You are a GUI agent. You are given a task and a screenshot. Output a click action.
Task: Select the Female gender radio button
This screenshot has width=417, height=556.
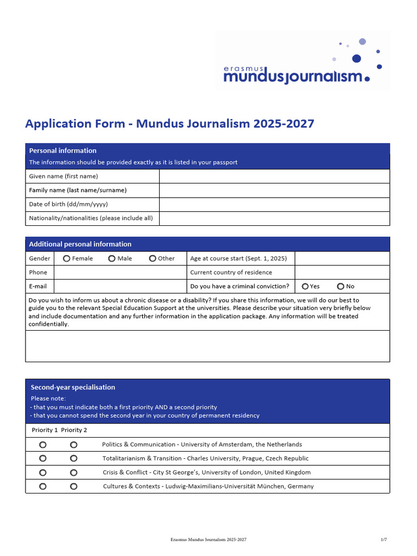click(66, 258)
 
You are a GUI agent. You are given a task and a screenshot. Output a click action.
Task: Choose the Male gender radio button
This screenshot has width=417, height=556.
click(112, 258)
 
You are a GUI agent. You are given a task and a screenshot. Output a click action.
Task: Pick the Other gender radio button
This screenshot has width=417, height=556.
click(153, 258)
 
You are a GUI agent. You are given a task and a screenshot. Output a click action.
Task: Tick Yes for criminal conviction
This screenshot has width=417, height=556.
click(305, 286)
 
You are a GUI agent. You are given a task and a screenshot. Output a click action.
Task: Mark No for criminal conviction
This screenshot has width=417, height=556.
click(340, 286)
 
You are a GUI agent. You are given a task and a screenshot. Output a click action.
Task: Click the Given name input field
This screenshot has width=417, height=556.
click(274, 176)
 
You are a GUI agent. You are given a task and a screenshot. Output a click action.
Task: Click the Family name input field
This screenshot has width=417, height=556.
click(274, 191)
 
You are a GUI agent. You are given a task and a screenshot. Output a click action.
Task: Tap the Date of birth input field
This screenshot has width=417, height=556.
click(274, 205)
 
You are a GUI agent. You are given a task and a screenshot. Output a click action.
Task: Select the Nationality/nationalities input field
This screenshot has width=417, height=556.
click(274, 218)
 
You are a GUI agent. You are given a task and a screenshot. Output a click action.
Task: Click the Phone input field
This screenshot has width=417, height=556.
click(120, 273)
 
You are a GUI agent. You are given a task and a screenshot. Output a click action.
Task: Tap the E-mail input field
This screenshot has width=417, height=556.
click(120, 286)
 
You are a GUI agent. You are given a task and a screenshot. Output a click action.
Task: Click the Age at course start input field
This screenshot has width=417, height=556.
click(342, 258)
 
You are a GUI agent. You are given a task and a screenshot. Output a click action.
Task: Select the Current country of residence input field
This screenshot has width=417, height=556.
click(342, 273)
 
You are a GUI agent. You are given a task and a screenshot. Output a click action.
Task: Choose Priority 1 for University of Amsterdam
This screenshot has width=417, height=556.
click(43, 445)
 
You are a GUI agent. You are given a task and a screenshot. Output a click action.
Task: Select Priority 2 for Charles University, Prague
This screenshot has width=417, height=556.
click(74, 459)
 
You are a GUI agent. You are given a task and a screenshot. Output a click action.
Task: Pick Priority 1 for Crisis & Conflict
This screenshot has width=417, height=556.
click(43, 472)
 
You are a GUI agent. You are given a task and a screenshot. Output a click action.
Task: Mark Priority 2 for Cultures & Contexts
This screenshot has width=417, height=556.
click(74, 486)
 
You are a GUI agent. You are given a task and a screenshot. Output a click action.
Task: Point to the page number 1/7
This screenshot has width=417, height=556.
click(384, 540)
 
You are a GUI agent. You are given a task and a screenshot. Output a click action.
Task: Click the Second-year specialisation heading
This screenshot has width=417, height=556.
click(73, 387)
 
